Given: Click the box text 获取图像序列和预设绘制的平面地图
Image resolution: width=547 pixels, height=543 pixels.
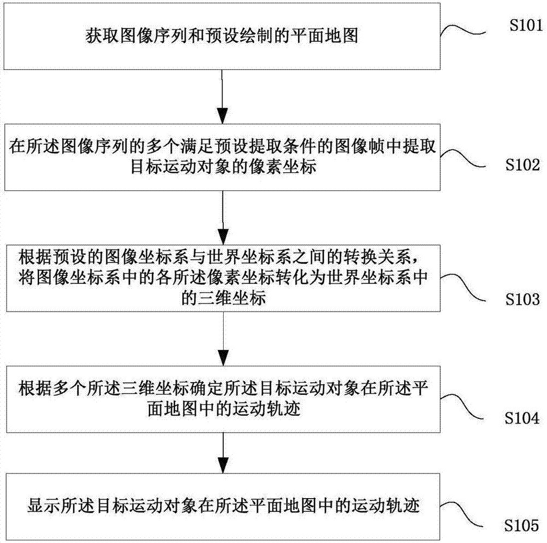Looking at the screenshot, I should (x=223, y=36).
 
